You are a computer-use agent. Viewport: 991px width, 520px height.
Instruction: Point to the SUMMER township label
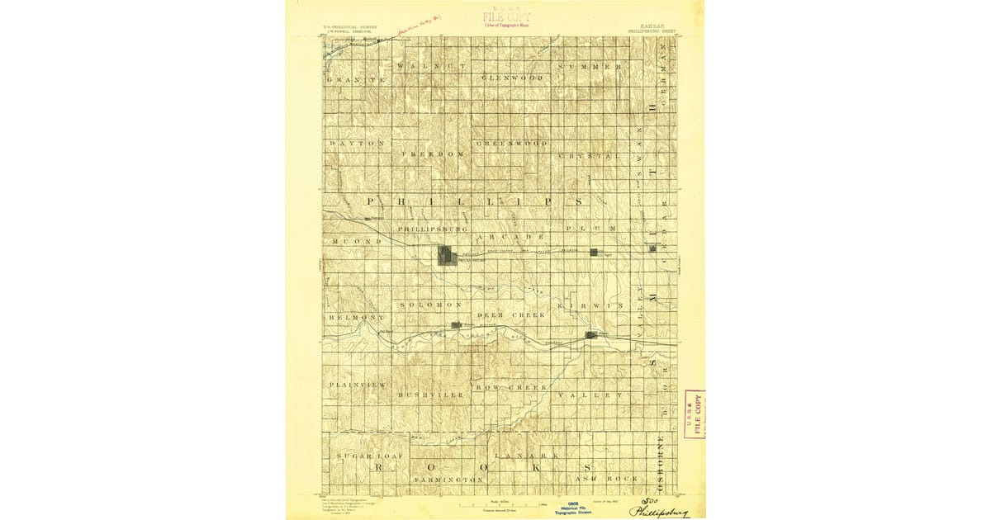pyautogui.click(x=589, y=66)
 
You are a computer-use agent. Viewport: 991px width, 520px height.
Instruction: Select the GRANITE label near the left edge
pyautogui.click(x=357, y=80)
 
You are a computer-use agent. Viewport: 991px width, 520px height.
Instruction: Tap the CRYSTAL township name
pyautogui.click(x=589, y=155)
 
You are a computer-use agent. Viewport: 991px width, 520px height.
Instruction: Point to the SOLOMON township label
pyautogui.click(x=424, y=305)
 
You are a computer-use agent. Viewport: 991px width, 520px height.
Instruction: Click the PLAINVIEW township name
pyautogui.click(x=357, y=385)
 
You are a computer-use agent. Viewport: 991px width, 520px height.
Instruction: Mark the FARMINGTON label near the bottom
pyautogui.click(x=448, y=480)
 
